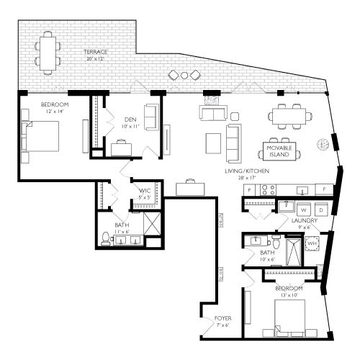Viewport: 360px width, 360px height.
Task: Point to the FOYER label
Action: [x=222, y=317]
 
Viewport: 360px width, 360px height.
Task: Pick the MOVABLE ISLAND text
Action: [x=279, y=150]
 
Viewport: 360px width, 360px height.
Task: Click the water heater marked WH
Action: [x=312, y=244]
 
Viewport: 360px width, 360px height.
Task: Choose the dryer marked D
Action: [x=321, y=210]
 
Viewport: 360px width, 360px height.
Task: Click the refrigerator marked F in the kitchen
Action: [x=325, y=189]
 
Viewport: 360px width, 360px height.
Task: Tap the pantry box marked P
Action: [x=249, y=190]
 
